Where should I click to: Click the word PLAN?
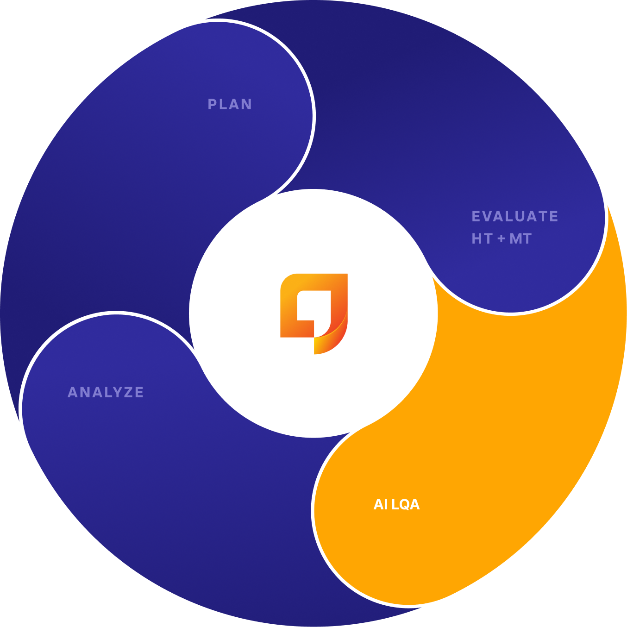click(x=230, y=104)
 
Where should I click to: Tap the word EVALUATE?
click(x=514, y=216)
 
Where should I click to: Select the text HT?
click(x=482, y=238)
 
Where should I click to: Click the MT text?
click(x=520, y=238)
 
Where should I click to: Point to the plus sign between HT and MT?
click(x=501, y=239)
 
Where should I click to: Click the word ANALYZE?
click(x=106, y=392)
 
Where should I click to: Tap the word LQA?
click(x=406, y=504)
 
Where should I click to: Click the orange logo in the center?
click(x=313, y=313)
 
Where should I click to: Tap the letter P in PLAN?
click(x=212, y=104)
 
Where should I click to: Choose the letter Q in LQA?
click(x=405, y=504)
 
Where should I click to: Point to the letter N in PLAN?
click(x=247, y=104)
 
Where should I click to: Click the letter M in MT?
click(x=515, y=238)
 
